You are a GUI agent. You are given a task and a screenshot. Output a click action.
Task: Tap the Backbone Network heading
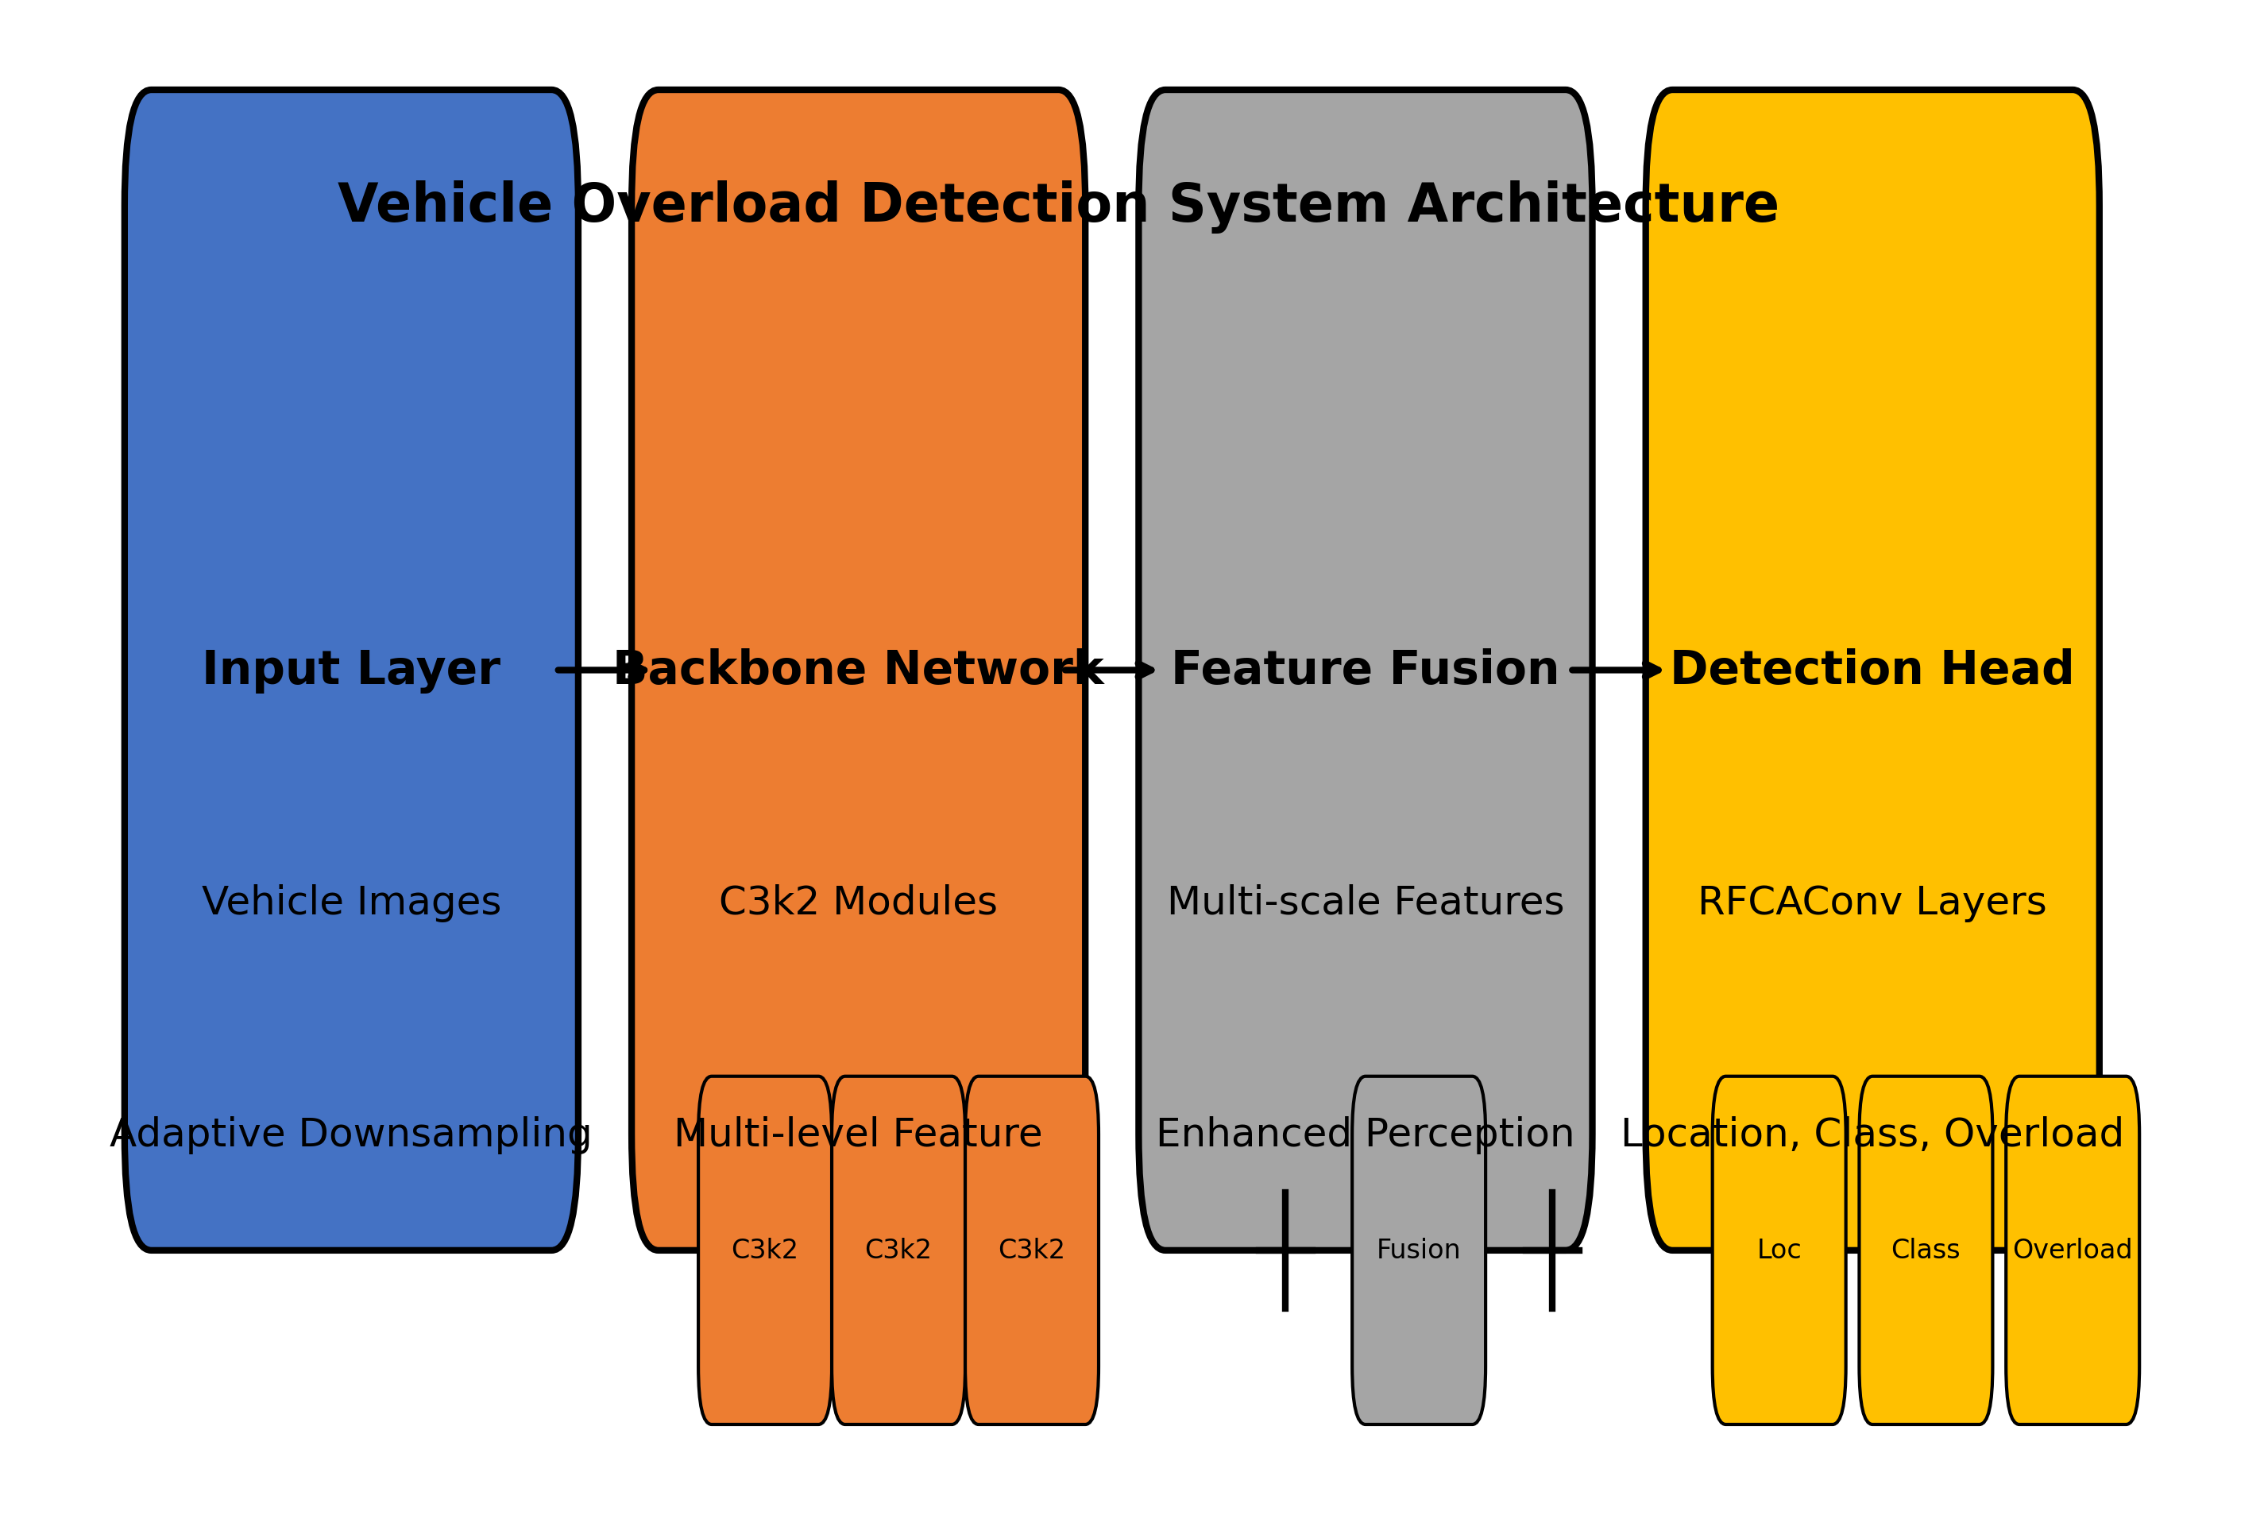[858, 669]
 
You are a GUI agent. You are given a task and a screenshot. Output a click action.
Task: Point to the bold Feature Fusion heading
[1364, 669]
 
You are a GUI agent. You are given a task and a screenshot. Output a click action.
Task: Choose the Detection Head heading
[1872, 669]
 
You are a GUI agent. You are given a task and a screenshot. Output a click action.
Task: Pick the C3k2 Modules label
[858, 902]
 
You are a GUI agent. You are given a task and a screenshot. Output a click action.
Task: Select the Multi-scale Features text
[1365, 902]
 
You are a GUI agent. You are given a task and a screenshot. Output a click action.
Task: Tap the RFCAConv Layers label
[1872, 902]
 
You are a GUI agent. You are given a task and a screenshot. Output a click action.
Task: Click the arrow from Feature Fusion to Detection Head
[1615, 670]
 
